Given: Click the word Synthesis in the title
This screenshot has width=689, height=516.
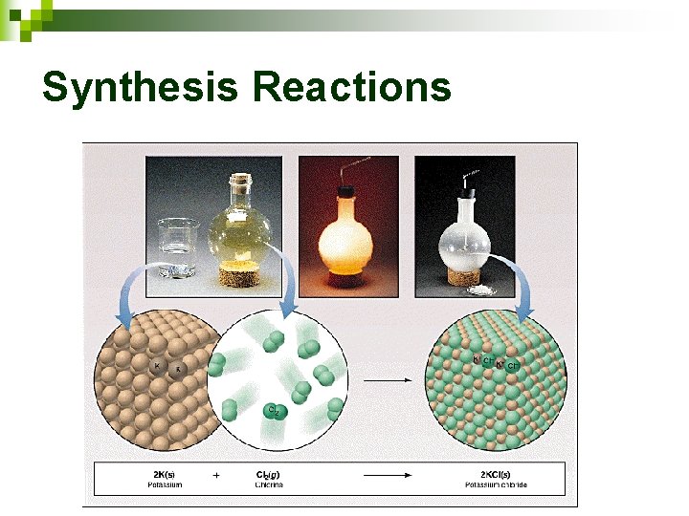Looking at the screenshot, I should [141, 88].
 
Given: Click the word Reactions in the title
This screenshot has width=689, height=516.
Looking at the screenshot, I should [351, 88].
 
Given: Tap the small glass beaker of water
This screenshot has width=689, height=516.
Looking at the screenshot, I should [177, 248].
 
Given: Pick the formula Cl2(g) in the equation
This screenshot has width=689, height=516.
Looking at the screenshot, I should [268, 474].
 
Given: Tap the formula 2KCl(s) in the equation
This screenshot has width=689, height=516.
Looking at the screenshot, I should [496, 474].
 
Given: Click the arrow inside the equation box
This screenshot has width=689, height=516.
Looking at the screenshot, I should [383, 475].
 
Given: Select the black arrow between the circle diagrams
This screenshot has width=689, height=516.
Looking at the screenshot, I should [389, 381].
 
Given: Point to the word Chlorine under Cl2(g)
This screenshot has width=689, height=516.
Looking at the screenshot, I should [268, 485].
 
